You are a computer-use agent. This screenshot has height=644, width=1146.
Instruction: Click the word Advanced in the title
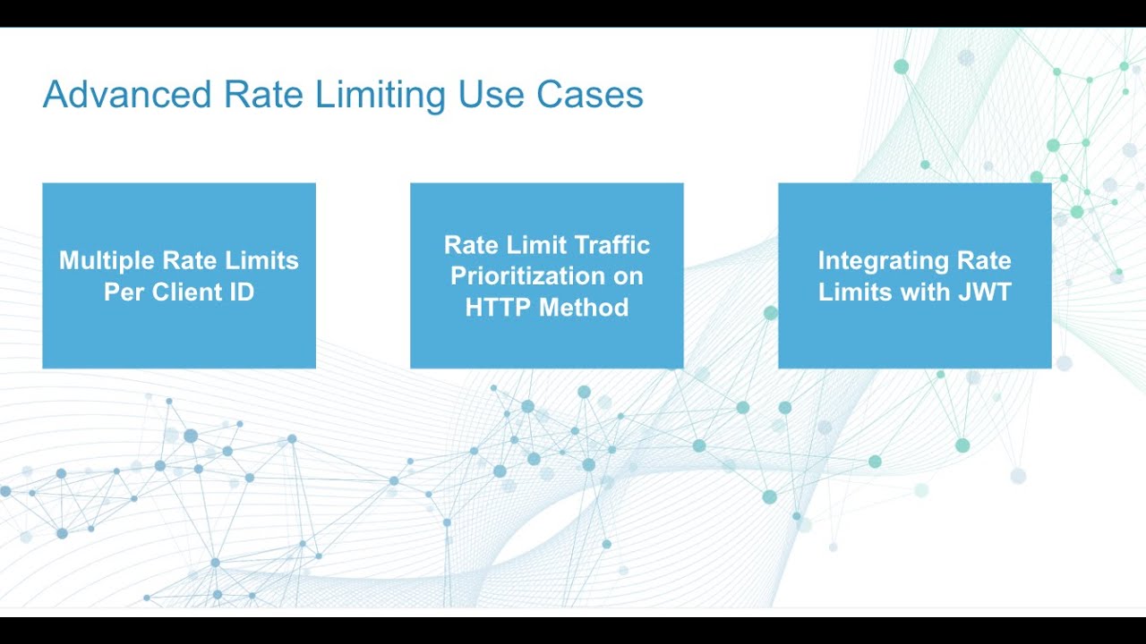(x=126, y=95)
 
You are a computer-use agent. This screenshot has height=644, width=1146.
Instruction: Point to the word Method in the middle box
(x=584, y=308)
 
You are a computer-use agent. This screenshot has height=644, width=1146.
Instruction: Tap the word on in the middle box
(x=629, y=276)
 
